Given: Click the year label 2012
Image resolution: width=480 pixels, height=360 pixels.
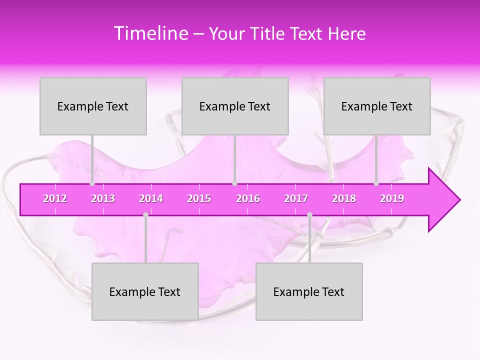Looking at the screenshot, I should click(x=55, y=198).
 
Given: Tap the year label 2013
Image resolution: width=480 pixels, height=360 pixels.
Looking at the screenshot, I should click(x=103, y=198).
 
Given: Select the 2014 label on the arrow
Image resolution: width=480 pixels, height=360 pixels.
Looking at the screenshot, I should click(x=151, y=198).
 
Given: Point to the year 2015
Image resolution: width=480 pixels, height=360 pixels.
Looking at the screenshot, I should click(x=199, y=198).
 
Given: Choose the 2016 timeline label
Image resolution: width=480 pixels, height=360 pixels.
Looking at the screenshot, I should click(x=248, y=198).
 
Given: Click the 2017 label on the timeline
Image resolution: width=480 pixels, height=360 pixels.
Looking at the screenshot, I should click(x=296, y=198).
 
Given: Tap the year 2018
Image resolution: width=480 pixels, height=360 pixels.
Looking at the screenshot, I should click(x=344, y=198).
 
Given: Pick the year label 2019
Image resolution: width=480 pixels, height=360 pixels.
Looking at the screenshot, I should click(x=392, y=198).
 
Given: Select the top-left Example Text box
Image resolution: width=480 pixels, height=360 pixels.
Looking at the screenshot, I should click(x=93, y=106).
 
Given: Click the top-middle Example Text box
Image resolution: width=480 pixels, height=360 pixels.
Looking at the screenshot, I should click(x=235, y=106).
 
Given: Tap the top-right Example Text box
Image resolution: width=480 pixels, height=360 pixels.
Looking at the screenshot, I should click(x=377, y=106).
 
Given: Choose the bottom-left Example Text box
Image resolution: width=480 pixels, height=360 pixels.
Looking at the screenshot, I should click(x=145, y=291).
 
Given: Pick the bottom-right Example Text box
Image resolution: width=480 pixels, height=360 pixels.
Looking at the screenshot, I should click(x=309, y=291).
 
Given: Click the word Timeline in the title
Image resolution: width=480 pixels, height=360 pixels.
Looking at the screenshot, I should click(x=150, y=33).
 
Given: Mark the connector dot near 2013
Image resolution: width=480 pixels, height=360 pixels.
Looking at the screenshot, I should click(x=92, y=183).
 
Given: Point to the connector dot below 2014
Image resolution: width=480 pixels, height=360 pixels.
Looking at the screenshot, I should click(x=145, y=215).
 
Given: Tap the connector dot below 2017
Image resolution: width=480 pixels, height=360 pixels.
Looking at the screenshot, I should click(x=309, y=215).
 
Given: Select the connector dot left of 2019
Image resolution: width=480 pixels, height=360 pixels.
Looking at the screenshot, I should click(x=376, y=183).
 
